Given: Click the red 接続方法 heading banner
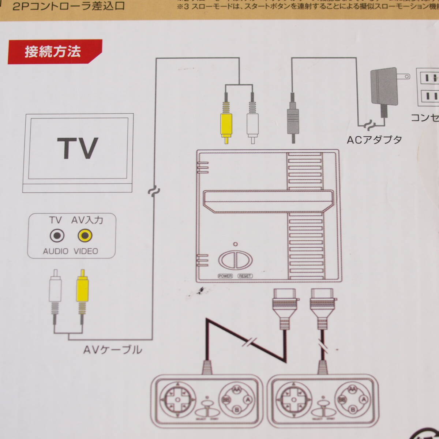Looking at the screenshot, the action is [x=53, y=52].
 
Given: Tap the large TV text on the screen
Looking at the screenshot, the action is [x=78, y=148].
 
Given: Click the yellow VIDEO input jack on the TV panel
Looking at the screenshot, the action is [x=85, y=236].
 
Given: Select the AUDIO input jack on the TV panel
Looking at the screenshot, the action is [x=57, y=236].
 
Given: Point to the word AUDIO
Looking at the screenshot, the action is [x=56, y=251].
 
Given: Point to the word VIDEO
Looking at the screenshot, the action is [x=86, y=251].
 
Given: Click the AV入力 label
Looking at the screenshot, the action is [x=87, y=220].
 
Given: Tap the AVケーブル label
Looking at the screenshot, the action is [x=112, y=350].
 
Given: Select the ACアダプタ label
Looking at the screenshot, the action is [x=374, y=139].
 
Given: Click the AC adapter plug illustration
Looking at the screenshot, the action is [x=384, y=88].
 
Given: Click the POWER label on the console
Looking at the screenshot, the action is [x=225, y=276].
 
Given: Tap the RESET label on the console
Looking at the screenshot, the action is [x=245, y=276].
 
